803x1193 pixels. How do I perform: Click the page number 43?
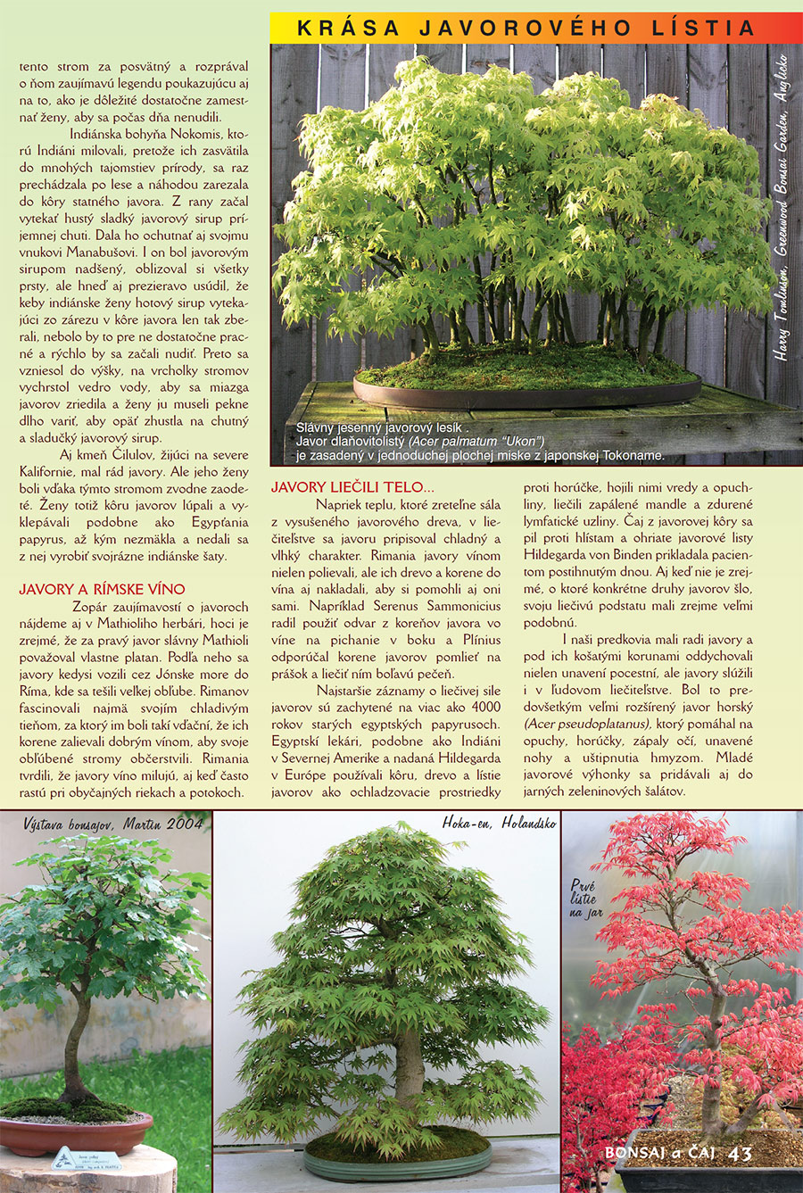tap(741, 1153)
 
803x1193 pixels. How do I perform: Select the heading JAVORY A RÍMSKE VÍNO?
tap(103, 589)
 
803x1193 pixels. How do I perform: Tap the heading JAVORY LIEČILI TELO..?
tap(352, 487)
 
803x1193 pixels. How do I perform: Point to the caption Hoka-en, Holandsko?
tap(500, 823)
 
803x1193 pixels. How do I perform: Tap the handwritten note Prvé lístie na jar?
tap(585, 899)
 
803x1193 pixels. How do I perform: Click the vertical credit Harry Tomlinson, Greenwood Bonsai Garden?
tap(782, 205)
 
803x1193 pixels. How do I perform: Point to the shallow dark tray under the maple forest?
tap(526, 394)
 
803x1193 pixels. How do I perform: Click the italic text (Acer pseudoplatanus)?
tap(587, 724)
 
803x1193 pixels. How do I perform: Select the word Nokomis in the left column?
tap(195, 134)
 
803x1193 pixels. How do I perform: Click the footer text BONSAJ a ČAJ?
tap(661, 1153)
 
